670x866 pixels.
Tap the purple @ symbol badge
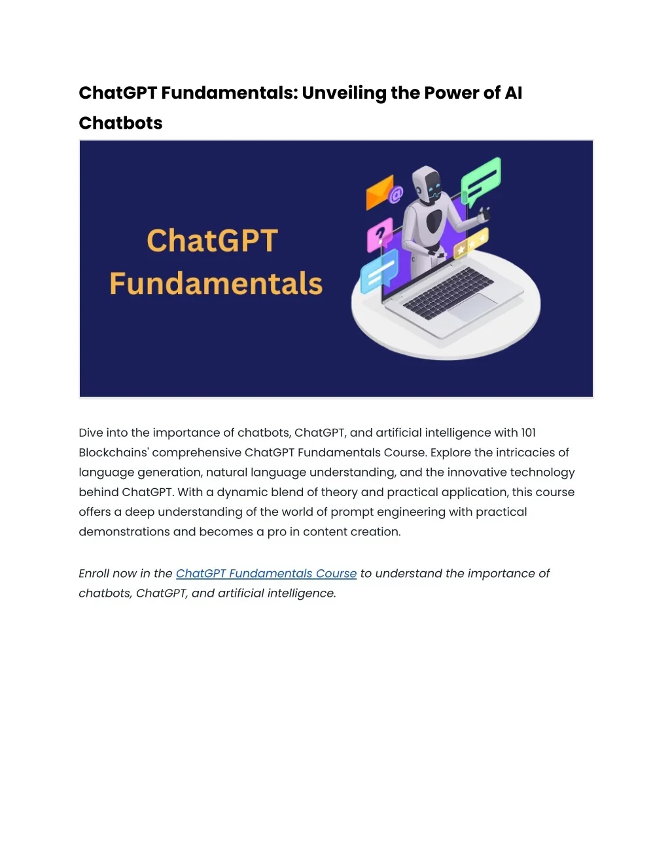coord(396,194)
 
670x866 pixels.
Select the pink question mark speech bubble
coord(379,234)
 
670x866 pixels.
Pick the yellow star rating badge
coord(471,243)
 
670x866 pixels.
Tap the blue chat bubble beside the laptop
coord(379,271)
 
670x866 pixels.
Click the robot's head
coord(429,184)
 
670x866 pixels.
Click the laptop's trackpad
coord(474,306)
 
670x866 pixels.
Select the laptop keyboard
coord(448,292)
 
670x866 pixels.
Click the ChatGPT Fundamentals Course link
coord(266,573)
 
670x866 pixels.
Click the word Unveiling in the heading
coord(344,93)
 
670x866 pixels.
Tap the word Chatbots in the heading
coord(120,123)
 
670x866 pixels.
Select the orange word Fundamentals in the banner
coord(216,284)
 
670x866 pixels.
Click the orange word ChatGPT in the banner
coord(213,241)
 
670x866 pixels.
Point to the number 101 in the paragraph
coord(528,433)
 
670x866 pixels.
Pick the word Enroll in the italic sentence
coord(94,573)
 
